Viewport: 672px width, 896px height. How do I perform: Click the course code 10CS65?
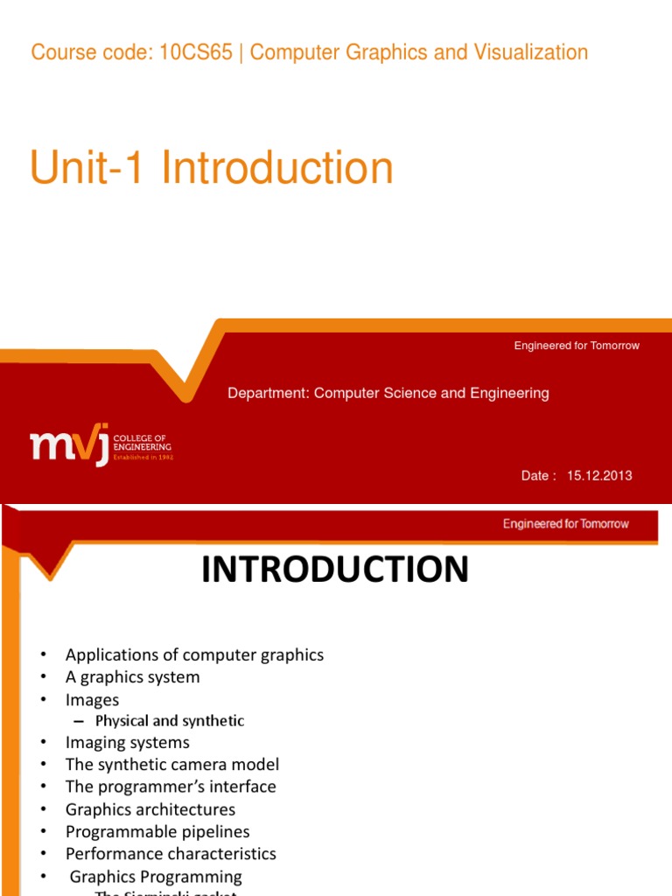click(196, 52)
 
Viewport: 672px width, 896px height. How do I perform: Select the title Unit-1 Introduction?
click(212, 168)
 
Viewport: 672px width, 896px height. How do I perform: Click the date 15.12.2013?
click(598, 476)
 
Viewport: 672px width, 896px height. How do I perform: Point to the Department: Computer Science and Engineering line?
click(388, 394)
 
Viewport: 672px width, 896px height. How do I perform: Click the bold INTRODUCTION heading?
click(335, 570)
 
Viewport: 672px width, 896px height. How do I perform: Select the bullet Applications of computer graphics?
click(194, 654)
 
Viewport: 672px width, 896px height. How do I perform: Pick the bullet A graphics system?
click(132, 677)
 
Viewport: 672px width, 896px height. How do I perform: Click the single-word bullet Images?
click(92, 700)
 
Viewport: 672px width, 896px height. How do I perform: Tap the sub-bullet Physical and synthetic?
click(169, 721)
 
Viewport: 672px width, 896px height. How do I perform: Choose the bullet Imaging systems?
click(127, 743)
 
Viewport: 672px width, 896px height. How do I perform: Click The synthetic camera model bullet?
click(172, 765)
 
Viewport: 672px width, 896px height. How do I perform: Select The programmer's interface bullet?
click(171, 787)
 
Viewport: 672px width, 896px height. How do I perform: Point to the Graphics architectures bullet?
click(150, 809)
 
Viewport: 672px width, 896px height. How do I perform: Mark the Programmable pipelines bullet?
click(157, 831)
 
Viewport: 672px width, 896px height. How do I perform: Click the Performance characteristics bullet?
click(171, 854)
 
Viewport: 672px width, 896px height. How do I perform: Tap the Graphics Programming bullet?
click(156, 877)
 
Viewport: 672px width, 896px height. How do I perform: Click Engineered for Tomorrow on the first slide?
click(577, 346)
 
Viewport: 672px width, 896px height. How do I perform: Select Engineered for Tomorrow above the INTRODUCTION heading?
click(565, 524)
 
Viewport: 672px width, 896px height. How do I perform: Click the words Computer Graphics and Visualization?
click(419, 52)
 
